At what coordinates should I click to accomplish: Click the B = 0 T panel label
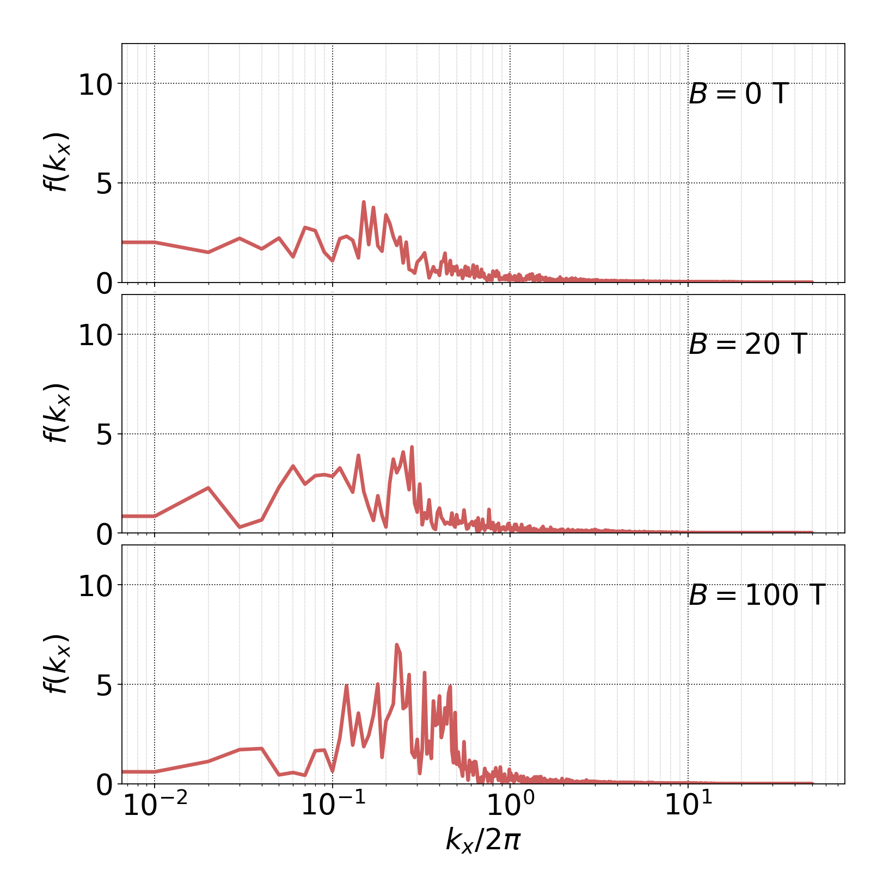click(x=738, y=94)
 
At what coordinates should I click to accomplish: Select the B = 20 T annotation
click(x=747, y=345)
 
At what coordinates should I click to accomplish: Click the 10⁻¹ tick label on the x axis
click(x=333, y=805)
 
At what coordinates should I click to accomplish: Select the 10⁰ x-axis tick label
click(x=510, y=805)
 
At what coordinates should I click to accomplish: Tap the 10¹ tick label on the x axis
click(x=688, y=805)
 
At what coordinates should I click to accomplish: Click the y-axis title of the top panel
click(x=56, y=162)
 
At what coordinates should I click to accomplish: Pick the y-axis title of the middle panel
click(x=56, y=413)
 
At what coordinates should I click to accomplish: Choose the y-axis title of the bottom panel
click(x=56, y=664)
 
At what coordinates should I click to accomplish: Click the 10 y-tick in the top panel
click(x=95, y=85)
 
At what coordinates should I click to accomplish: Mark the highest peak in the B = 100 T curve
click(x=397, y=645)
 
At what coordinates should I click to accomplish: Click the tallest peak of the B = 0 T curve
click(x=364, y=202)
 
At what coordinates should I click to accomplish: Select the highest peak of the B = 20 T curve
click(x=412, y=447)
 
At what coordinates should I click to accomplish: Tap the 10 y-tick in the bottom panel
click(x=95, y=586)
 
